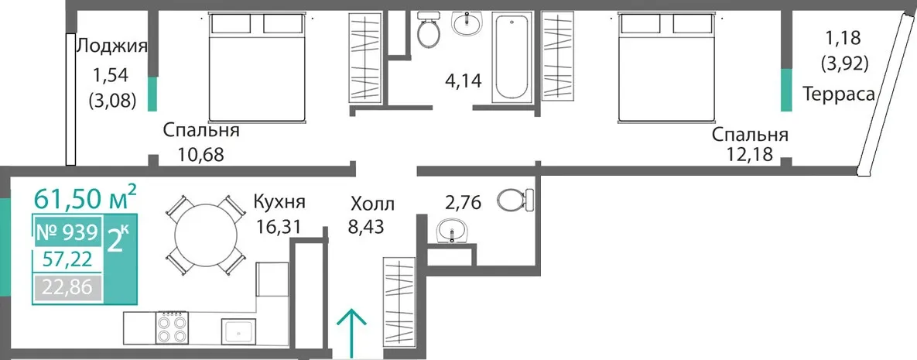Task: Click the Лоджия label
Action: [x=111, y=46]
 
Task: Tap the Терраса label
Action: [x=839, y=94]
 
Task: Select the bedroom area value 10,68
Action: [x=200, y=155]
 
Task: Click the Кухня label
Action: [x=279, y=203]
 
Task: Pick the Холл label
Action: [x=372, y=204]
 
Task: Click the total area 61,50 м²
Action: [x=85, y=197]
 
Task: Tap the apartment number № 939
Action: [x=67, y=233]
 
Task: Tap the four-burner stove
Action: [x=172, y=327]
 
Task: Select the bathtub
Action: [x=512, y=57]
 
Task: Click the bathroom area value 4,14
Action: [x=462, y=80]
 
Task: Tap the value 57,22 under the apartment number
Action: [x=67, y=259]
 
